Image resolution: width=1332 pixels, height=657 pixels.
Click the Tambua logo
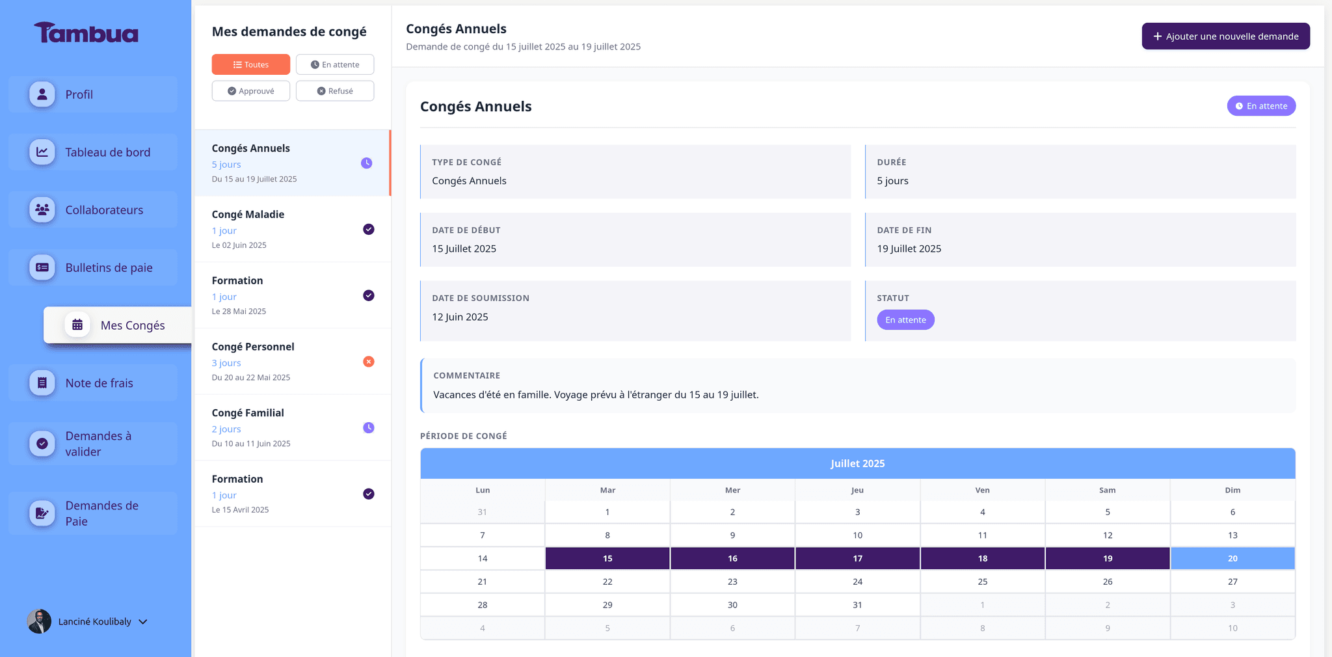click(86, 33)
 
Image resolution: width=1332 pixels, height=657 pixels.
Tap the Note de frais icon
click(42, 383)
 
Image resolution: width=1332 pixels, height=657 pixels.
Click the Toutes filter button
click(250, 64)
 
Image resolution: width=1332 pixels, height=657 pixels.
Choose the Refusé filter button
click(335, 91)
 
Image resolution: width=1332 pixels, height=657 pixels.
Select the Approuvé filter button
click(250, 91)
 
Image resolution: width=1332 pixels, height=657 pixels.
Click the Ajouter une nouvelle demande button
click(1225, 36)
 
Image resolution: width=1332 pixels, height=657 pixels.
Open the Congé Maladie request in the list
click(293, 229)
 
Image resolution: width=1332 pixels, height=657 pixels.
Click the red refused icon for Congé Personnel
click(368, 362)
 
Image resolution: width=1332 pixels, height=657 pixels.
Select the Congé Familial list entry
click(293, 427)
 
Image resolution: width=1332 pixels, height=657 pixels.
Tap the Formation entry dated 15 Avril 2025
click(293, 494)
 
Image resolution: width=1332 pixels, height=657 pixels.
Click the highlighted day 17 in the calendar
click(857, 558)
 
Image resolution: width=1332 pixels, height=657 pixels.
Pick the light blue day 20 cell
click(1232, 558)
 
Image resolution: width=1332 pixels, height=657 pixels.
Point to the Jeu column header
click(857, 490)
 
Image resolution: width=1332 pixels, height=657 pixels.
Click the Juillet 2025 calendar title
click(857, 463)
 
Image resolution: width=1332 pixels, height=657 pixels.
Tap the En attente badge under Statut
click(905, 320)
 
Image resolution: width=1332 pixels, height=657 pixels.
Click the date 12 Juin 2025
click(460, 317)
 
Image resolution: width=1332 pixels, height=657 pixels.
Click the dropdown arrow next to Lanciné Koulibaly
click(143, 622)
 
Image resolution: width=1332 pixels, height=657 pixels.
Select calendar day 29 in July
click(607, 605)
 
